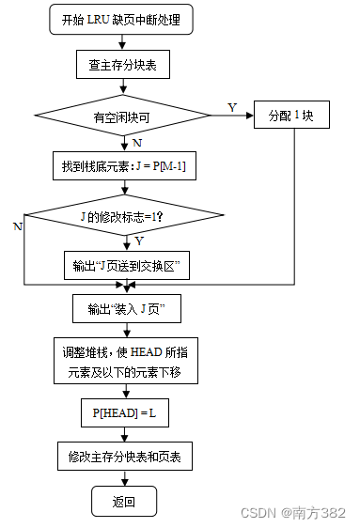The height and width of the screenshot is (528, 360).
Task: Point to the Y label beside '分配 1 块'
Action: point(232,107)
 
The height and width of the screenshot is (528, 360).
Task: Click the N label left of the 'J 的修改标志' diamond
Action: point(17,226)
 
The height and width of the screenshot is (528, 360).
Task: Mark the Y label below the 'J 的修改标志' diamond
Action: point(138,242)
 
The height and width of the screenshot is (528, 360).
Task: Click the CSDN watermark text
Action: point(293,513)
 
